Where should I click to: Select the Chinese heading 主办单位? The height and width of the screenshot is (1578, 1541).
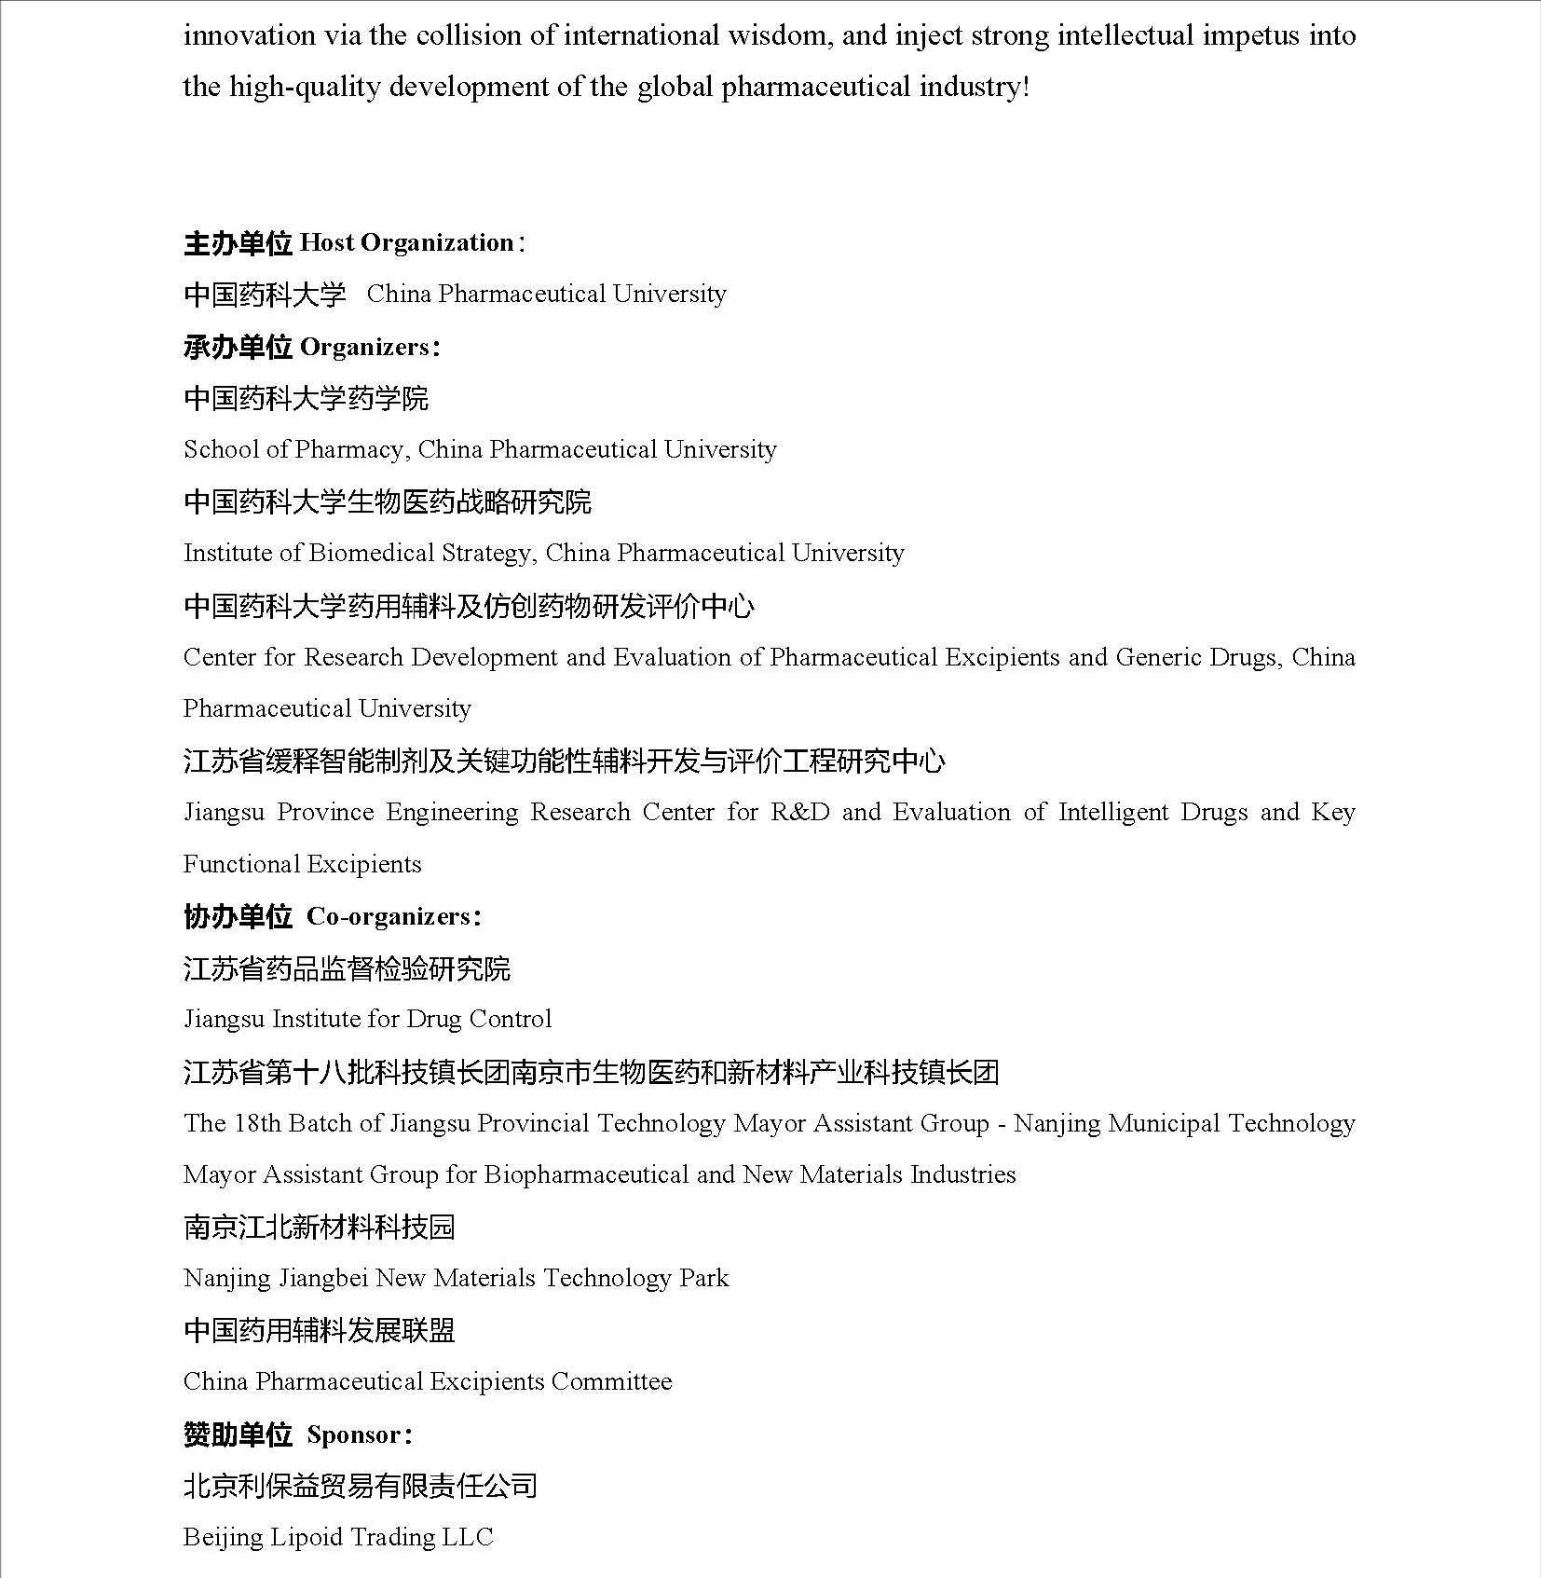pyautogui.click(x=238, y=243)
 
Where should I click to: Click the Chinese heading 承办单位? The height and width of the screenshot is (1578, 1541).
pyautogui.click(x=238, y=347)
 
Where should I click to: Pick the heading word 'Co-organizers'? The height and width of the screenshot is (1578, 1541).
pyautogui.click(x=389, y=916)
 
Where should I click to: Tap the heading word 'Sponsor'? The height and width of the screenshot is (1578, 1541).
pyautogui.click(x=354, y=1434)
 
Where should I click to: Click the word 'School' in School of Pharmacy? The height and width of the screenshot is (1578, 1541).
pyautogui.click(x=221, y=449)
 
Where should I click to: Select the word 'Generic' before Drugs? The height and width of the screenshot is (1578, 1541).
pyautogui.click(x=1158, y=657)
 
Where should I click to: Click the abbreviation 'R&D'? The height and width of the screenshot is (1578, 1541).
pyautogui.click(x=800, y=812)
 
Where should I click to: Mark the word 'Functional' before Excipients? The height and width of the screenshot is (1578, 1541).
pyautogui.click(x=239, y=864)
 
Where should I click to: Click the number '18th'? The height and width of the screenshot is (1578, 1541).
pyautogui.click(x=257, y=1123)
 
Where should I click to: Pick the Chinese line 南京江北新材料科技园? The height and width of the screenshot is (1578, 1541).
pyautogui.click(x=319, y=1227)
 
